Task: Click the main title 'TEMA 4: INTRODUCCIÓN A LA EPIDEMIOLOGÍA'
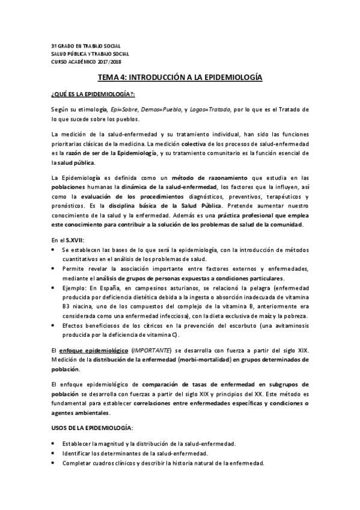tap(180, 78)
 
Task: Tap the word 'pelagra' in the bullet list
tap(263, 289)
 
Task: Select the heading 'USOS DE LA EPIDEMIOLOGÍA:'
tap(91, 427)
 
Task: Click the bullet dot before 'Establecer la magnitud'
tap(54, 444)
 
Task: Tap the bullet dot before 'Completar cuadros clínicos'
tap(54, 463)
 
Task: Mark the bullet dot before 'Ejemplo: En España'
tap(54, 289)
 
